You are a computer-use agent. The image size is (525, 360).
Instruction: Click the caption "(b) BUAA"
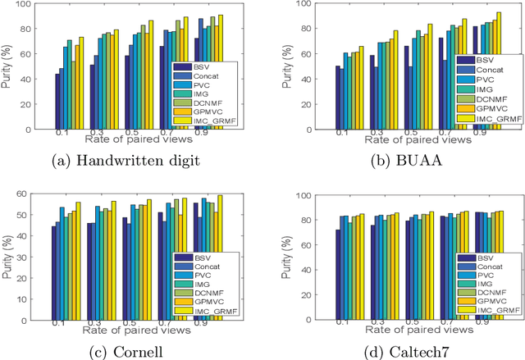(x=401, y=160)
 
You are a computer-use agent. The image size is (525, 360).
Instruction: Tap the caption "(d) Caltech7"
(x=401, y=351)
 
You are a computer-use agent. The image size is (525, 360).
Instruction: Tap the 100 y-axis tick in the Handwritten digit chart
(x=37, y=6)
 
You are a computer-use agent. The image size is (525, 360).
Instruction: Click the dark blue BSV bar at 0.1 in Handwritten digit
(x=57, y=103)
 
